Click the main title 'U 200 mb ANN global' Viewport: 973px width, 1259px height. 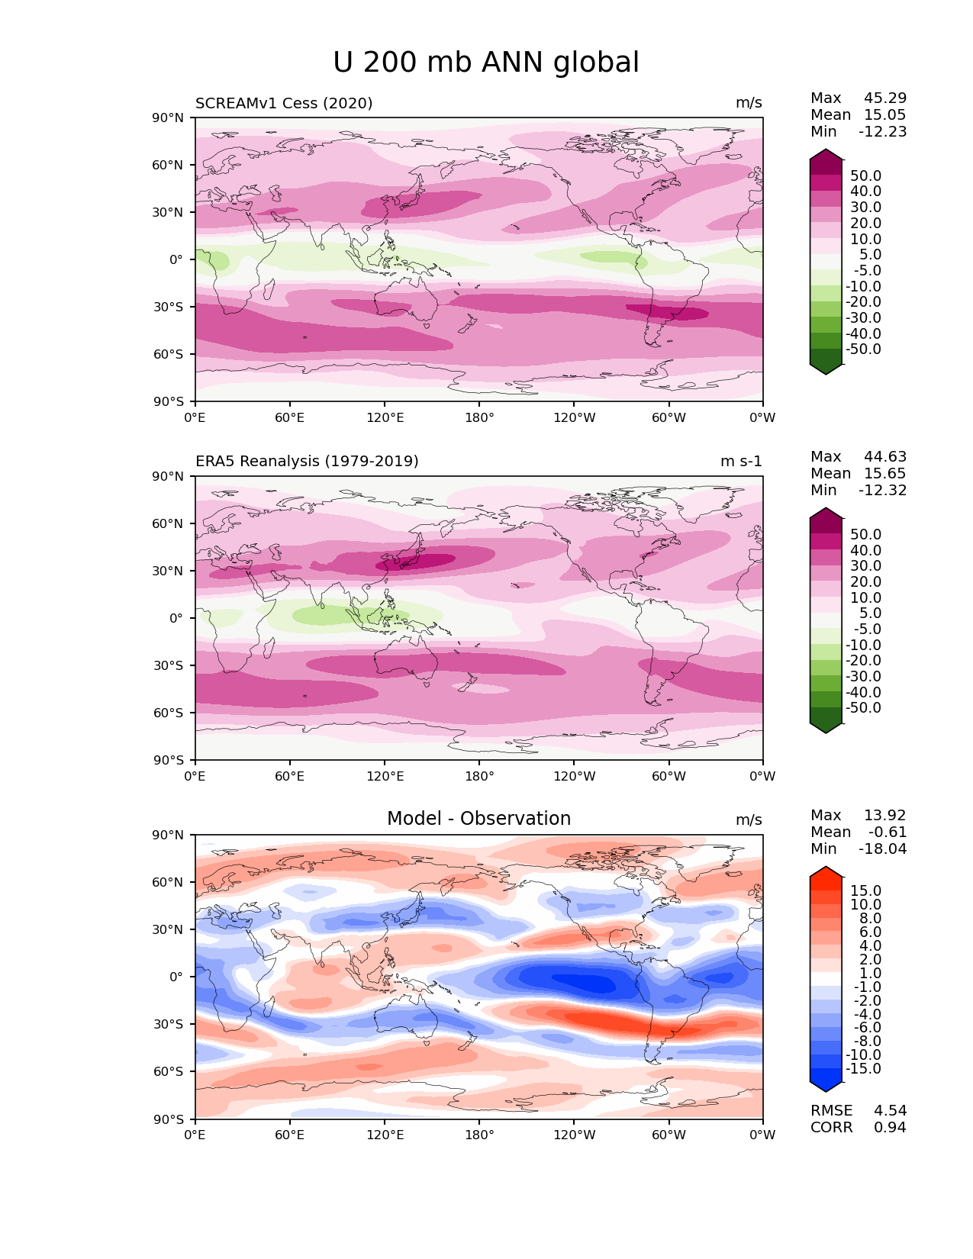(486, 63)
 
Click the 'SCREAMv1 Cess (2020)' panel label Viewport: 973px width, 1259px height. (284, 103)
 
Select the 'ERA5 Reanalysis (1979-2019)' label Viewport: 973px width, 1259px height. (307, 462)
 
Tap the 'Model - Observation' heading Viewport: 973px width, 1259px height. (478, 819)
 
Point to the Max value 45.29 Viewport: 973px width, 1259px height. (885, 98)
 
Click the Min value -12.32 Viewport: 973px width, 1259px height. (883, 491)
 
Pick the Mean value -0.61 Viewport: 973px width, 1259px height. (888, 832)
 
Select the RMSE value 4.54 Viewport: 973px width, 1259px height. (890, 1111)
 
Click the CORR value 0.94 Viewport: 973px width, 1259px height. (890, 1128)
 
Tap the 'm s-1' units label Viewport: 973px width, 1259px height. (741, 462)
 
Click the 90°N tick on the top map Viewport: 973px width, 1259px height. (168, 118)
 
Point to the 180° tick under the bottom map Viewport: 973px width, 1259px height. (479, 1135)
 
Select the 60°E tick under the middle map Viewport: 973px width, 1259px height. (290, 777)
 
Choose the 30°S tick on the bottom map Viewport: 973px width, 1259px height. (168, 1024)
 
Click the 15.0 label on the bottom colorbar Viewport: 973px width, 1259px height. (865, 891)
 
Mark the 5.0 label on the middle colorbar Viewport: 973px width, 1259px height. (870, 613)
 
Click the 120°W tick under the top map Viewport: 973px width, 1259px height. (574, 418)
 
